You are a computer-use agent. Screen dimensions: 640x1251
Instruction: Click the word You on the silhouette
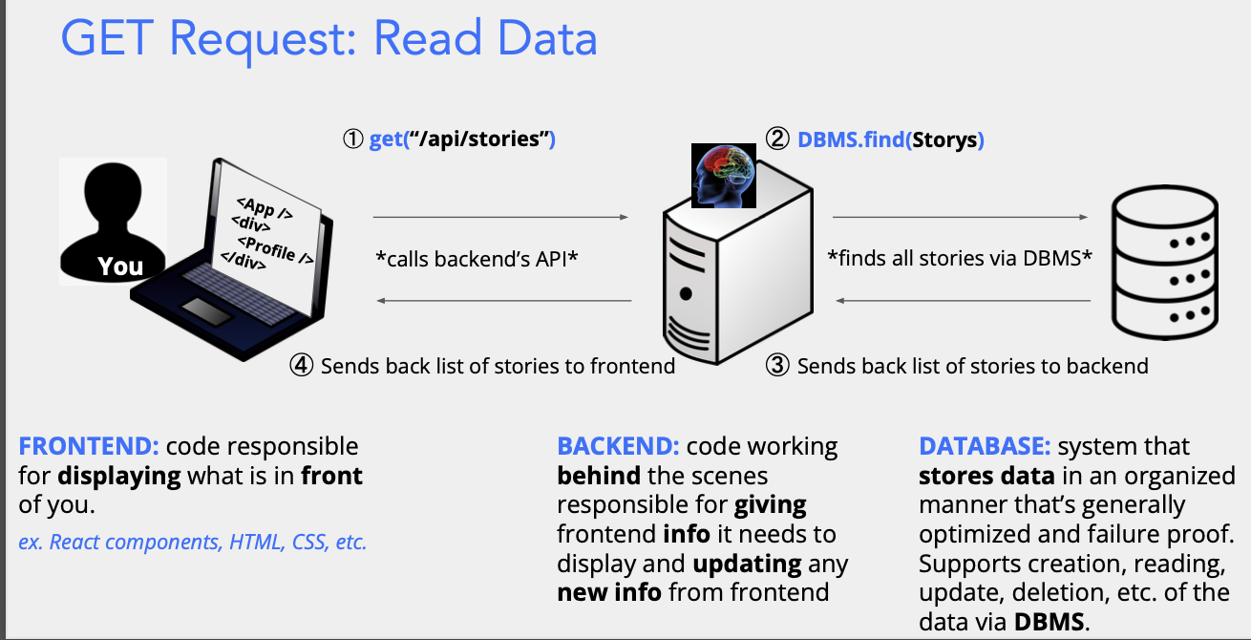(x=120, y=267)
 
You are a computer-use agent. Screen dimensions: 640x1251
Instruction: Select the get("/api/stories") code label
(x=462, y=139)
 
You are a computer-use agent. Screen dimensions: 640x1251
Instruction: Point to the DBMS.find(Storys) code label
(x=890, y=140)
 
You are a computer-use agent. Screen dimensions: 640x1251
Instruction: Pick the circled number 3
(x=779, y=366)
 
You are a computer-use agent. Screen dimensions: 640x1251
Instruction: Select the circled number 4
(x=303, y=366)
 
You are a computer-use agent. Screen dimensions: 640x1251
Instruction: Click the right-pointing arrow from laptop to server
(x=500, y=218)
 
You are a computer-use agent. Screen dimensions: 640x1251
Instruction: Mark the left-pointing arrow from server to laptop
(x=504, y=302)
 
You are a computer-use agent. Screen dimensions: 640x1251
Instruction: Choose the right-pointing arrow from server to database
(x=961, y=218)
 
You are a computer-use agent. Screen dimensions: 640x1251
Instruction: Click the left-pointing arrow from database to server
(x=963, y=302)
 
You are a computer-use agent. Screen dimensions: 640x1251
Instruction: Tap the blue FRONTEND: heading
(x=88, y=446)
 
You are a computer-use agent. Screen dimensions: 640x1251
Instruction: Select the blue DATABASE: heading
(x=985, y=446)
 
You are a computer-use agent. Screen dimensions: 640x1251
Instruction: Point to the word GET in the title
(x=108, y=38)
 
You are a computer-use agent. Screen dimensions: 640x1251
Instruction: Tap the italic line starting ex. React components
(x=192, y=543)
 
